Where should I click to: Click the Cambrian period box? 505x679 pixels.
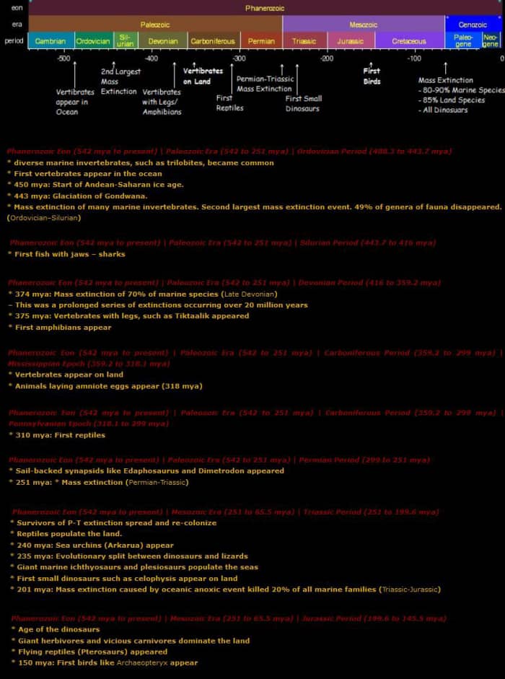point(50,41)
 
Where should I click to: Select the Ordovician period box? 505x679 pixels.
point(93,41)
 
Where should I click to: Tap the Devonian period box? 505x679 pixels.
point(162,41)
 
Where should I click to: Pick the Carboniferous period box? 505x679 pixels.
point(213,41)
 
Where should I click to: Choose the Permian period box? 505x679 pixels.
point(261,41)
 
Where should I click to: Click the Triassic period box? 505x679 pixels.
point(304,41)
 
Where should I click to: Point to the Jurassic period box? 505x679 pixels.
point(351,41)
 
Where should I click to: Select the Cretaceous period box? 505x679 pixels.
point(409,41)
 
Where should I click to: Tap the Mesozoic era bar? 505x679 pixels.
point(364,25)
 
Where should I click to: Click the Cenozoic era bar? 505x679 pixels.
point(473,25)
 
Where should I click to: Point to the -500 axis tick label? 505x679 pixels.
point(63,58)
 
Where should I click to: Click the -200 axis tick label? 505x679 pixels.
point(327,58)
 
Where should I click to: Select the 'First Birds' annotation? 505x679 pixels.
point(372,76)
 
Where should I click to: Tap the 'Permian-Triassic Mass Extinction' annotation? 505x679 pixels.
point(264,84)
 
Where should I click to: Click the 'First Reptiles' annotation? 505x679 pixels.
point(229,103)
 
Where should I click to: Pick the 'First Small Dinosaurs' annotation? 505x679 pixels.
point(304,103)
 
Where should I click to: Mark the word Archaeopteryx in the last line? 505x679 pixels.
point(144,662)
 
